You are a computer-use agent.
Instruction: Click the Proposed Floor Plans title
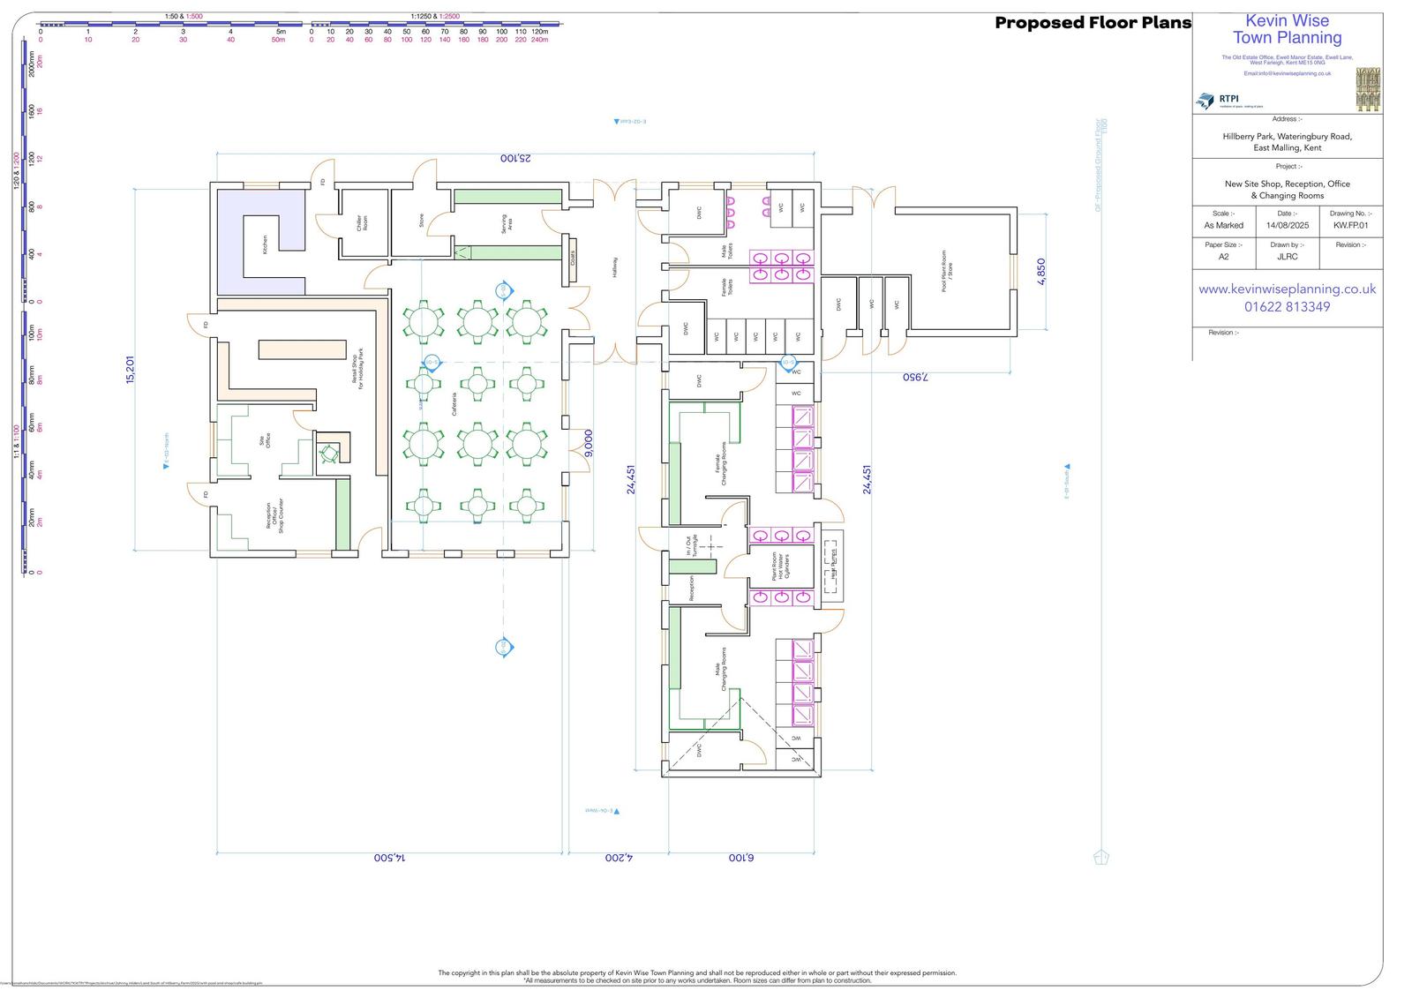click(1093, 23)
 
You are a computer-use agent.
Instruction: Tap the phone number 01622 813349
click(1287, 307)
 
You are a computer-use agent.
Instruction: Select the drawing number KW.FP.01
click(1350, 225)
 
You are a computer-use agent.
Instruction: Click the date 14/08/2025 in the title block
click(1287, 225)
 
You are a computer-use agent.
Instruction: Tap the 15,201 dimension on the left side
click(131, 369)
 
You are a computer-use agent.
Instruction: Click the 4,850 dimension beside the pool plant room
click(1041, 271)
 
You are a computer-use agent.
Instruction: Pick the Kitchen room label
click(264, 245)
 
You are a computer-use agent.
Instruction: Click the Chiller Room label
click(362, 223)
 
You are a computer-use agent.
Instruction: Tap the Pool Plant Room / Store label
click(946, 271)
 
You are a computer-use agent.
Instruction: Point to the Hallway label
click(615, 267)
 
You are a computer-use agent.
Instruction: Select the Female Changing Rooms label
click(723, 463)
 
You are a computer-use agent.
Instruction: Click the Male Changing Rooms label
click(721, 669)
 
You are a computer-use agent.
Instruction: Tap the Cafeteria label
click(455, 404)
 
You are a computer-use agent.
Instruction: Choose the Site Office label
click(265, 441)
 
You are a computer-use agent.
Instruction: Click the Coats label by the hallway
click(572, 259)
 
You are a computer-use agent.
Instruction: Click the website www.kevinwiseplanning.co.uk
click(1287, 289)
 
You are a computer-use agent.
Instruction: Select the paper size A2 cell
click(1223, 257)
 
